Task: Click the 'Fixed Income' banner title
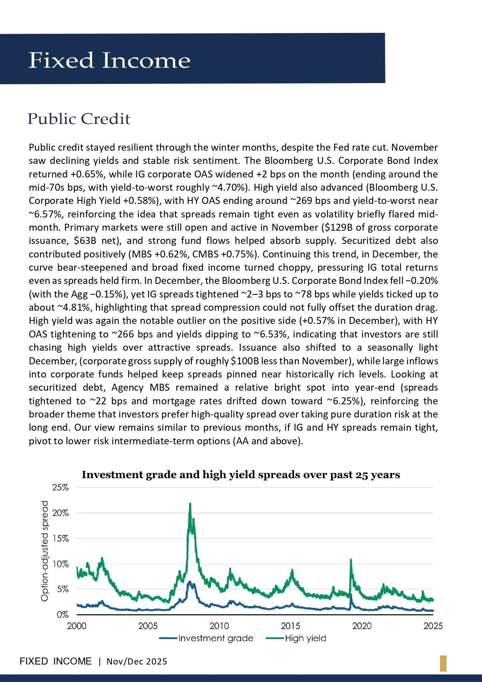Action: click(x=109, y=61)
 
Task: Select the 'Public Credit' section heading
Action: click(x=79, y=119)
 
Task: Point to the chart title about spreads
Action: click(x=240, y=475)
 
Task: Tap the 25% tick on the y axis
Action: click(x=61, y=487)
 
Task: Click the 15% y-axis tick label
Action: click(x=61, y=538)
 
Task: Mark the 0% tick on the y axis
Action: click(x=63, y=615)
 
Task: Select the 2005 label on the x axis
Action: click(x=148, y=626)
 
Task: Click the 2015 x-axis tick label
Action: click(x=291, y=626)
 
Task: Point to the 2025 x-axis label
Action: click(x=433, y=626)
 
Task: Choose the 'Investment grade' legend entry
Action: click(x=215, y=638)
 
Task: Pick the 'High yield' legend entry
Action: click(x=305, y=638)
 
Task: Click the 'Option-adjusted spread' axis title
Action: click(x=45, y=551)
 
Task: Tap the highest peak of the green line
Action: click(x=190, y=504)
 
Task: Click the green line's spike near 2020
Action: click(x=351, y=560)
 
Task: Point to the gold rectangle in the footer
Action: click(x=443, y=663)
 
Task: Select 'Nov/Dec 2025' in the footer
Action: click(x=137, y=661)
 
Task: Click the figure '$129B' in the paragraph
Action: click(x=336, y=228)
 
